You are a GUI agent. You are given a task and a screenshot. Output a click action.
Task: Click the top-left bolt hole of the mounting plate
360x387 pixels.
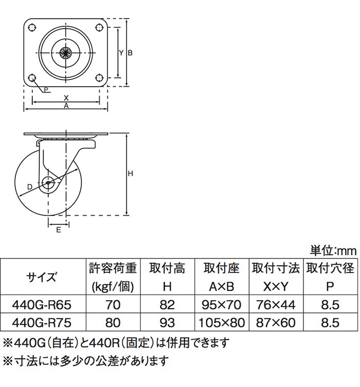click(x=32, y=27)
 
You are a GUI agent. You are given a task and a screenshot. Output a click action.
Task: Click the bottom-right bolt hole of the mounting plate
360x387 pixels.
click(x=99, y=78)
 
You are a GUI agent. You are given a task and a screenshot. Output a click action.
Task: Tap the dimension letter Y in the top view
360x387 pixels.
click(x=121, y=52)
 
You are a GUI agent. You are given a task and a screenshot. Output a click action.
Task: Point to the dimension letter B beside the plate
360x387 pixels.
click(x=130, y=53)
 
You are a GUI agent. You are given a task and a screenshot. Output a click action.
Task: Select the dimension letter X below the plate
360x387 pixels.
click(x=66, y=98)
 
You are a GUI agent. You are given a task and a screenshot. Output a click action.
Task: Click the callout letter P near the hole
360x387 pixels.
click(x=46, y=89)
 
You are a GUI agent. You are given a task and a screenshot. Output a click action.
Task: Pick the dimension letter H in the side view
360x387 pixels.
click(x=130, y=174)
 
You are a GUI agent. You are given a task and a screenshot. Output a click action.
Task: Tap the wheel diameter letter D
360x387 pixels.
click(x=30, y=187)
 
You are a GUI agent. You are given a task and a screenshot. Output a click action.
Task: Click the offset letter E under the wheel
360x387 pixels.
click(x=59, y=230)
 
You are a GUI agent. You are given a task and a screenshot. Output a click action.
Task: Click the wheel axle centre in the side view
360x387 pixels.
click(x=48, y=183)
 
